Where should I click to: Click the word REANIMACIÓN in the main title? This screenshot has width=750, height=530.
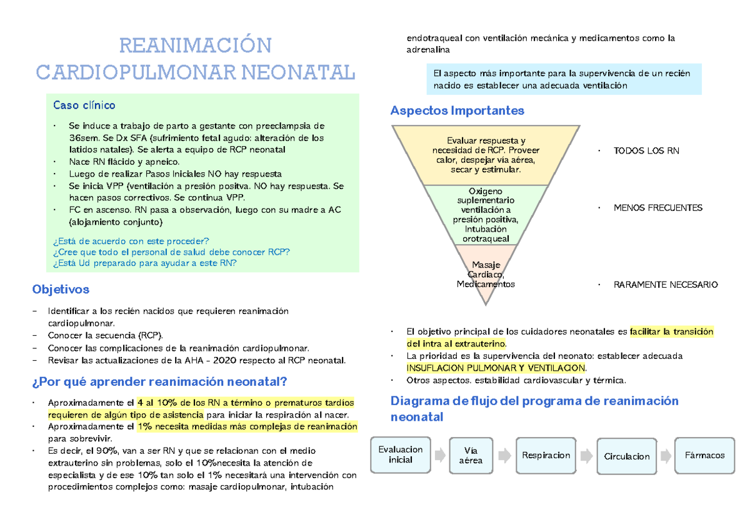195,46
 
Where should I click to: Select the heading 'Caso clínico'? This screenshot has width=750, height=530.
84,106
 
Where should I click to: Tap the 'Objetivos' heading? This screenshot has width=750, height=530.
60,289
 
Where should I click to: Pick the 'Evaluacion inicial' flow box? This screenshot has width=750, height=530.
401,454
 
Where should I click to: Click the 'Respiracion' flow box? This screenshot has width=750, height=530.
546,455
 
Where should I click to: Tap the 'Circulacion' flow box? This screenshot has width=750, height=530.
627,456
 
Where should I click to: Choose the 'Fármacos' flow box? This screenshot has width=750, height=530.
704,455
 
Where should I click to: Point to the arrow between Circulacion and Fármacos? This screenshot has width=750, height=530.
666,455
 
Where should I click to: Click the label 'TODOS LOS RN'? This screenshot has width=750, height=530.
646,151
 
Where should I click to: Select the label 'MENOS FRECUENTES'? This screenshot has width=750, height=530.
657,208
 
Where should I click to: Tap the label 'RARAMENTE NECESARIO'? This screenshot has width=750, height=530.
666,285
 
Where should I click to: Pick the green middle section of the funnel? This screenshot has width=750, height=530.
486,214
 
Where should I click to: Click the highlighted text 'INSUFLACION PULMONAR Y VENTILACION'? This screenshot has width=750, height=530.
496,368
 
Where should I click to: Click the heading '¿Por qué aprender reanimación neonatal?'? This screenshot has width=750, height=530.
159,381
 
